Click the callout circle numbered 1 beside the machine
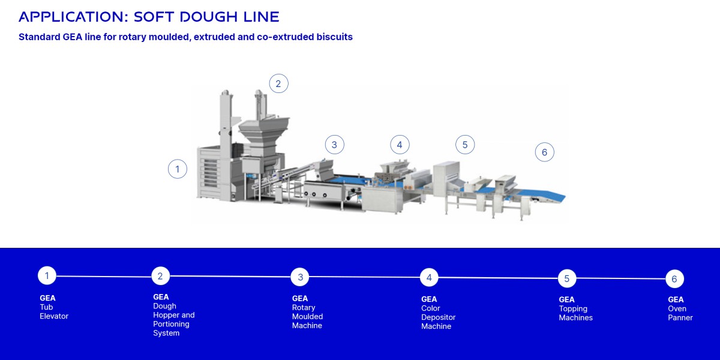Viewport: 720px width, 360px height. [178, 169]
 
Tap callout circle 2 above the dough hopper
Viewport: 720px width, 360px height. [278, 83]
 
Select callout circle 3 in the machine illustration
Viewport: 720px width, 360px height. [334, 145]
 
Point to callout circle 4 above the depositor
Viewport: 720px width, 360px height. [400, 145]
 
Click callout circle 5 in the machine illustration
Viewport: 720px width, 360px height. [465, 145]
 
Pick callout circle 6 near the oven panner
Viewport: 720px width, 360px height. [544, 152]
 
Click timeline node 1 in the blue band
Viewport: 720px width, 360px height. [47, 275]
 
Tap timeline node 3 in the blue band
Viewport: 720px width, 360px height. [300, 277]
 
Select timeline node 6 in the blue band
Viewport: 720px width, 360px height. [674, 279]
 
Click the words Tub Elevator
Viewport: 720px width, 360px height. [54, 311]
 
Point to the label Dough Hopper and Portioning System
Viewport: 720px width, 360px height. [173, 319]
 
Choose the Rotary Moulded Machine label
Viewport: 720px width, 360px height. [307, 316]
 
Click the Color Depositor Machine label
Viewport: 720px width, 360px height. [438, 317]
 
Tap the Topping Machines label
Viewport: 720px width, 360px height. [575, 313]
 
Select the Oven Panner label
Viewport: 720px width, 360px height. [680, 313]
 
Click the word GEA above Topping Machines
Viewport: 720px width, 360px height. [566, 299]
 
